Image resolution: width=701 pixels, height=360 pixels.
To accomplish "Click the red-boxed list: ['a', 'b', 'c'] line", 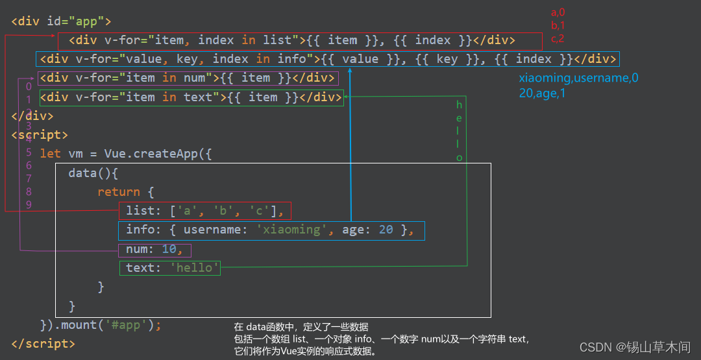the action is (204, 211).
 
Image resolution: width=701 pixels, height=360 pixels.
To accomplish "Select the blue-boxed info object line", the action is (271, 230).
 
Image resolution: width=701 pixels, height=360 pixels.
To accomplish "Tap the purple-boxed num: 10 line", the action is (154, 250).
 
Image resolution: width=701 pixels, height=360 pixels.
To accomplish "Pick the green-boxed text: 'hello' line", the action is (169, 267).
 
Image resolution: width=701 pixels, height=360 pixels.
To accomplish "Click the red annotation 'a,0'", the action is (558, 12).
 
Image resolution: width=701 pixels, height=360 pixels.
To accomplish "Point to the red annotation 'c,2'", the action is (558, 38).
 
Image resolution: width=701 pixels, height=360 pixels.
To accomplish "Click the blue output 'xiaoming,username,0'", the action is (578, 78).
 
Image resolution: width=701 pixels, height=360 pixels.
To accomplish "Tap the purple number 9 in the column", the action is (29, 204).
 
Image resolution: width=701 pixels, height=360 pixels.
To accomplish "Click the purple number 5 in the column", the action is (29, 152).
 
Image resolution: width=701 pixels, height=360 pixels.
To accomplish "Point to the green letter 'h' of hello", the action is (459, 105).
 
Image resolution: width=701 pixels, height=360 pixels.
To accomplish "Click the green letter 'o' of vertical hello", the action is (459, 158).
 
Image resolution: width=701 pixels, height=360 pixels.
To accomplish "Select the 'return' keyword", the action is (119, 192).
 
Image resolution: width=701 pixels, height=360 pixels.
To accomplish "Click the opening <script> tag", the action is (39, 135).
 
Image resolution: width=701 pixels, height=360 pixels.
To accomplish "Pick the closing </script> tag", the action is (43, 344).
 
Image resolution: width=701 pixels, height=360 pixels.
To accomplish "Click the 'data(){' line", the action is (93, 173).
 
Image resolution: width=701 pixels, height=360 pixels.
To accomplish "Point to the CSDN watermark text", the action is (635, 347).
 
